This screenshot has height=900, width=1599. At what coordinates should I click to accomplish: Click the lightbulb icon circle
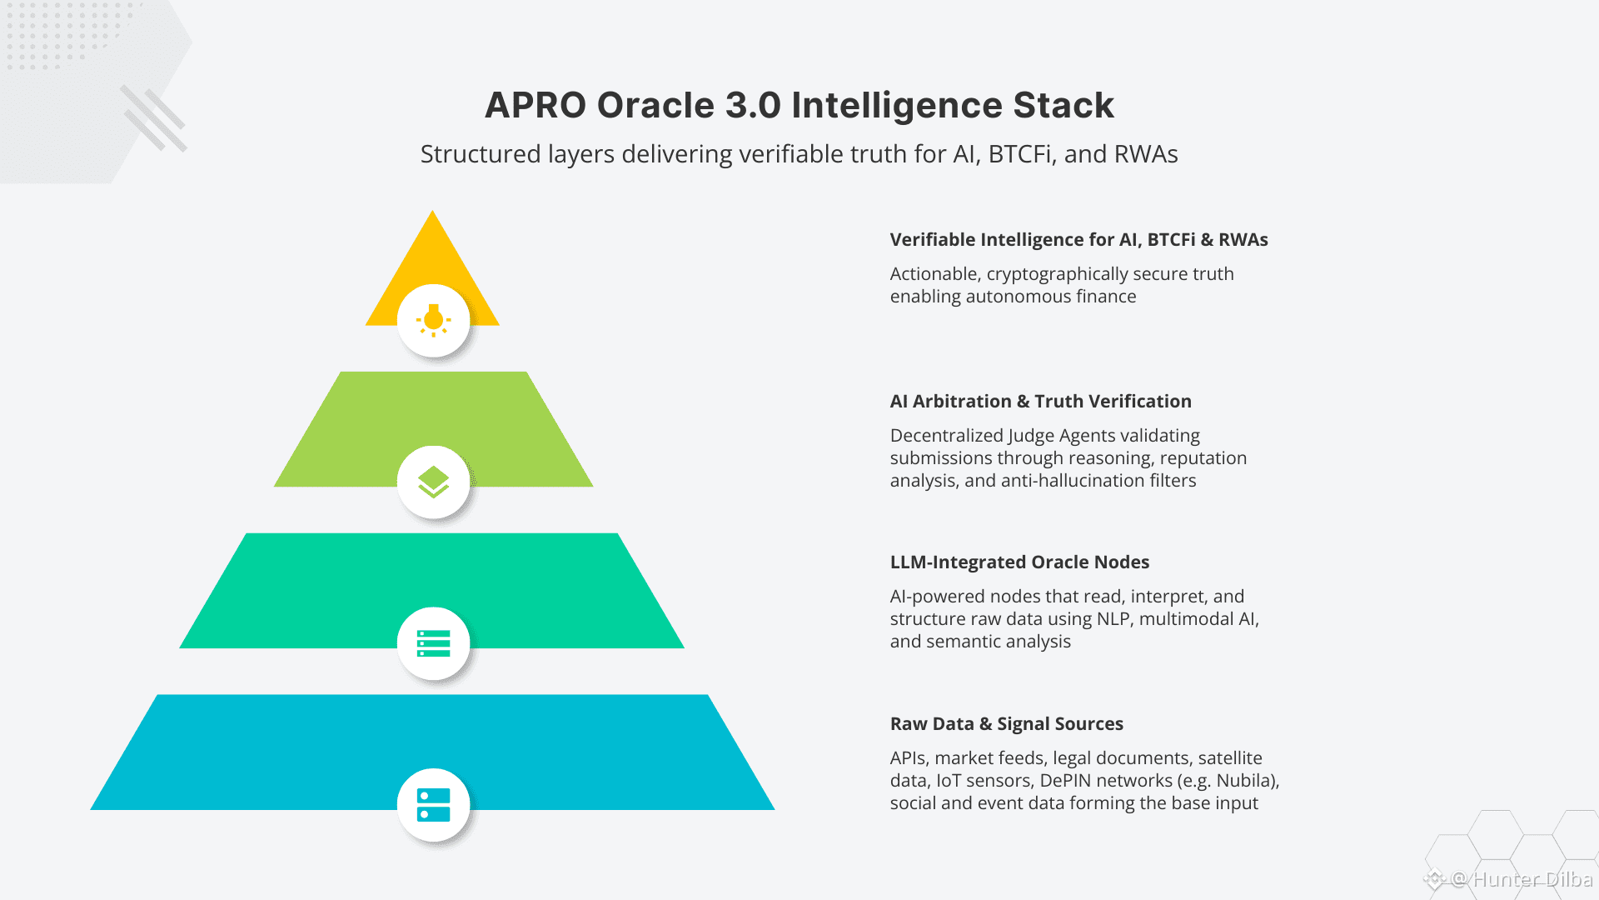click(433, 320)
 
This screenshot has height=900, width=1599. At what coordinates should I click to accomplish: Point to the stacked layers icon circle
click(433, 482)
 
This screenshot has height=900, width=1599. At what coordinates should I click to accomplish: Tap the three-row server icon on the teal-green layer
click(433, 643)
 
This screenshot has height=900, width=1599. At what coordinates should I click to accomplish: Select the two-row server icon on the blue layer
click(433, 805)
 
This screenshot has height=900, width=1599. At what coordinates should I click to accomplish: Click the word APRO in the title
click(535, 106)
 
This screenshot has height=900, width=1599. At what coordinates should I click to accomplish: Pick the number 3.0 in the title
click(753, 106)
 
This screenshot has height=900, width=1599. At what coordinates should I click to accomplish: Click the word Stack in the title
click(1063, 106)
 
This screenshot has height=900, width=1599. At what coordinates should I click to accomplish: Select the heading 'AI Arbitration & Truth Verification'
click(1040, 402)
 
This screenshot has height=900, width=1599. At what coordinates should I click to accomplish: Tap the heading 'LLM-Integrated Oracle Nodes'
click(1019, 562)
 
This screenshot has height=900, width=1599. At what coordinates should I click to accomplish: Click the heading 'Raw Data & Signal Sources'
click(1006, 724)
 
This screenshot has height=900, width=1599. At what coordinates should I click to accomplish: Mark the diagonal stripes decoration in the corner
click(154, 118)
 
